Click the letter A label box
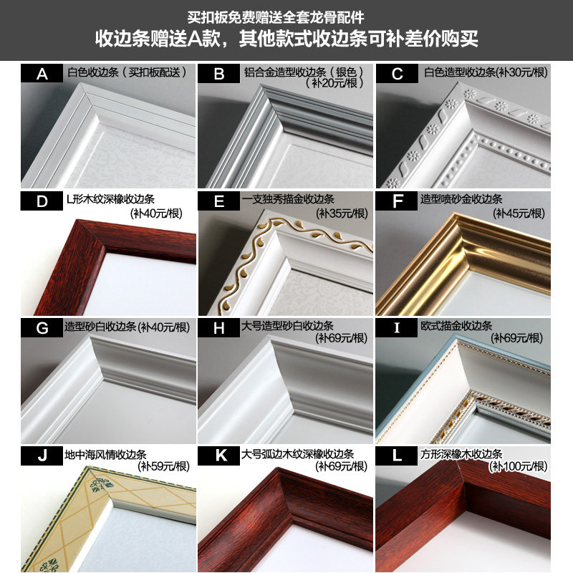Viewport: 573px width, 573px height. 42,74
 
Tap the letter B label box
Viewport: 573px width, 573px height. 219,74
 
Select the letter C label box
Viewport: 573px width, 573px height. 397,74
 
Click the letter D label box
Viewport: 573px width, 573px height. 42,201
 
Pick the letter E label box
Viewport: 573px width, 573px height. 219,201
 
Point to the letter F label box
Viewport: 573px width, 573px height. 397,201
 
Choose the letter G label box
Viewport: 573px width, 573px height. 42,328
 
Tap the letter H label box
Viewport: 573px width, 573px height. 219,328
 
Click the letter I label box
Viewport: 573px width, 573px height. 397,328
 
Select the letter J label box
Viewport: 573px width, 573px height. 42,455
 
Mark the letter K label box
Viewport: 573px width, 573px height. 219,455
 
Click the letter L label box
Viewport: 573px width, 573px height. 397,455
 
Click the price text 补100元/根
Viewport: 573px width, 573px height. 519,467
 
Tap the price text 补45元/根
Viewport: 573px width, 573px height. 519,213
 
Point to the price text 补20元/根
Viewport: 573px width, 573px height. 337,84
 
